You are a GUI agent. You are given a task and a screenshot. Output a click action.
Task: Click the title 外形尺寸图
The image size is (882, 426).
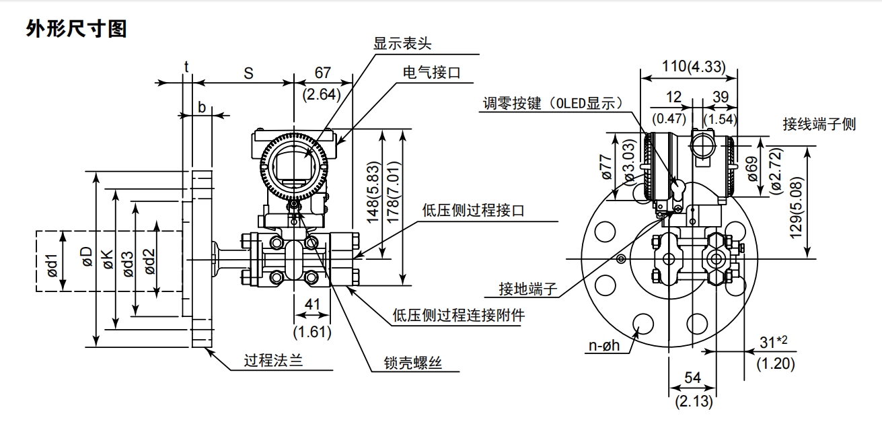pyautogui.click(x=76, y=30)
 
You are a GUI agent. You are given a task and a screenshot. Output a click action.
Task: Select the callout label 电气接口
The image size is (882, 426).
pyautogui.click(x=431, y=73)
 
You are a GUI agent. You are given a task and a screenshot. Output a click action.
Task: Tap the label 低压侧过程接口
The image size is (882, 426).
pyautogui.click(x=473, y=211)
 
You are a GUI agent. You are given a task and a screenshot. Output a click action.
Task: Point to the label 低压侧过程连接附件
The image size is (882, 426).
pyautogui.click(x=459, y=315)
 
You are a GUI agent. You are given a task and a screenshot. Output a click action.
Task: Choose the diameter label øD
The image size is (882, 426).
pyautogui.click(x=85, y=258)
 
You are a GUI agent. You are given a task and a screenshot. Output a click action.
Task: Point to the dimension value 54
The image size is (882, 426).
pyautogui.click(x=692, y=378)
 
